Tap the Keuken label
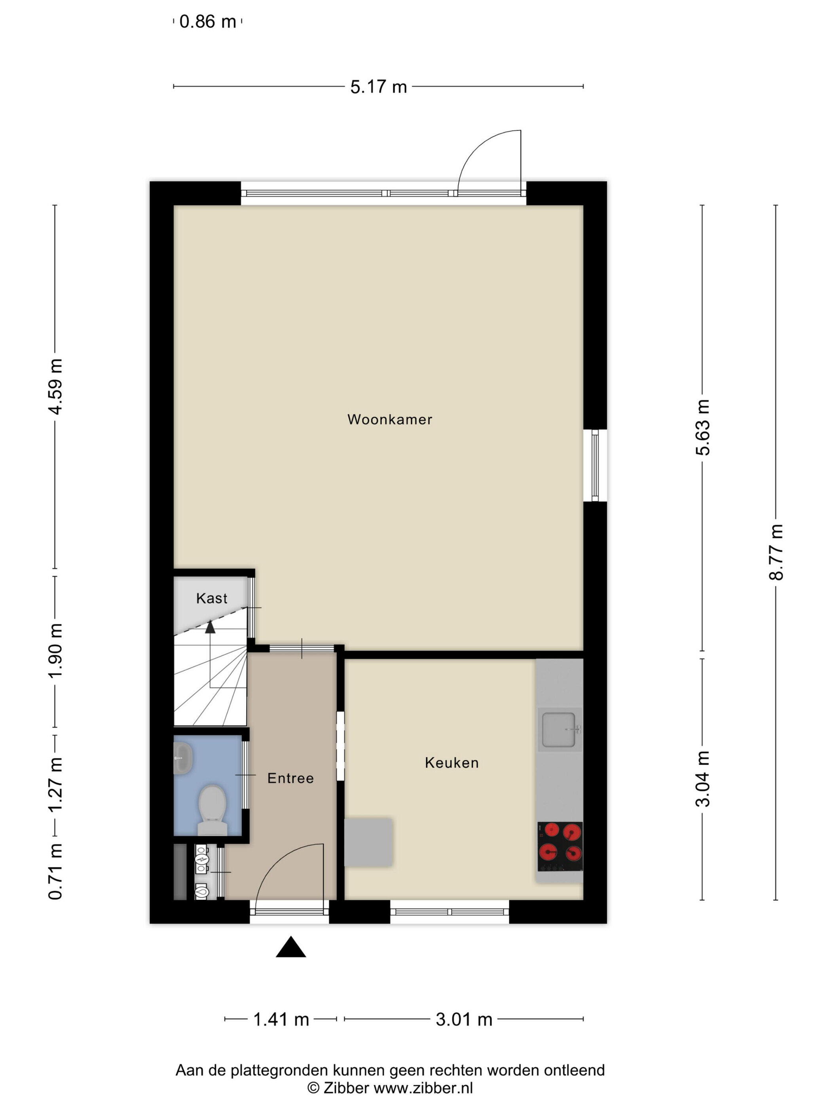[x=452, y=763]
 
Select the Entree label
[x=290, y=778]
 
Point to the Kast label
[x=211, y=598]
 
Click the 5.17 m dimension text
[x=378, y=87]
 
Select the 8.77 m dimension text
[x=776, y=552]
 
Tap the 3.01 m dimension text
[x=464, y=1019]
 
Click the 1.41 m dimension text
[x=281, y=1019]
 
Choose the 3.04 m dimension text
[x=703, y=780]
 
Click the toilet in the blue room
[x=212, y=810]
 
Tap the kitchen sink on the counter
[x=560, y=729]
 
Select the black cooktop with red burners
[x=560, y=846]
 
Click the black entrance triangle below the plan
[x=290, y=947]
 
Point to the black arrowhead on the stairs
[x=210, y=627]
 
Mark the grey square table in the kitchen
[x=369, y=842]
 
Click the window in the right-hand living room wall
[x=595, y=465]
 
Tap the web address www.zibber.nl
[x=423, y=1087]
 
